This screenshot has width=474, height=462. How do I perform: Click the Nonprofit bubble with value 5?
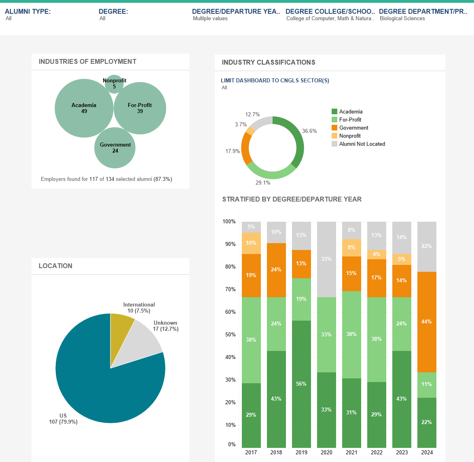click(x=114, y=84)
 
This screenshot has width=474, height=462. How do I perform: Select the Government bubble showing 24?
click(x=115, y=148)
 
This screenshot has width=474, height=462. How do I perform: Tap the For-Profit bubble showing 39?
click(x=140, y=108)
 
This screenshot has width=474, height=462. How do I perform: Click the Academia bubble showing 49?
click(x=84, y=108)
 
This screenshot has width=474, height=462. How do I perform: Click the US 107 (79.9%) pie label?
click(x=63, y=419)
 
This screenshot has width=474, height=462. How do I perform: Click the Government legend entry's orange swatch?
click(x=334, y=128)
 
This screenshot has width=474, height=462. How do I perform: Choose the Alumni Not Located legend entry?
click(x=362, y=144)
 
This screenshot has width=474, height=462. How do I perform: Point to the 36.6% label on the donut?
click(x=309, y=131)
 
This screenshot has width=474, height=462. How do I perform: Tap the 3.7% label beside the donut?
click(x=241, y=124)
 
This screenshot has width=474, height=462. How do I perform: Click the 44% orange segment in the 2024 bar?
click(x=427, y=322)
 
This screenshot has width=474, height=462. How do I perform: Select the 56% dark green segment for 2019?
click(x=301, y=384)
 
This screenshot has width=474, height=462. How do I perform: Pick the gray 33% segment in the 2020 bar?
click(x=326, y=259)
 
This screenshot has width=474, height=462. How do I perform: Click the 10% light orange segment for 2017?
click(x=251, y=243)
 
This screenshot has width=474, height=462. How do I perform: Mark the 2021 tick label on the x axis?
click(x=351, y=452)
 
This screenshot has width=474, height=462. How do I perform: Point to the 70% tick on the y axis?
click(x=231, y=289)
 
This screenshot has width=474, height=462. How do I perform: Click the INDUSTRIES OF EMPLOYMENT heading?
click(x=87, y=61)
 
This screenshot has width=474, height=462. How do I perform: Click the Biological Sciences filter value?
click(x=402, y=19)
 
